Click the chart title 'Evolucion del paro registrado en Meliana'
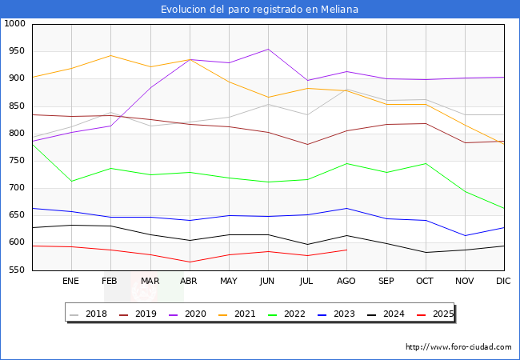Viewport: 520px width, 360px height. [259, 10]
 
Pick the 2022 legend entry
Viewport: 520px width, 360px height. [294, 314]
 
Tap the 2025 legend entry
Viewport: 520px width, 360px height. [442, 314]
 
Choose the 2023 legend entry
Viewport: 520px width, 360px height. [344, 314]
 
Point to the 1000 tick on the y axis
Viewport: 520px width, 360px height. [14, 24]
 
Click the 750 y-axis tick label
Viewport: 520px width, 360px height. [17, 161]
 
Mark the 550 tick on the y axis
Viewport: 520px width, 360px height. [17, 270]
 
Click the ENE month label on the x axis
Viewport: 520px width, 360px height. [71, 281]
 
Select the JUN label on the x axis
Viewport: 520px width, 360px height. [267, 281]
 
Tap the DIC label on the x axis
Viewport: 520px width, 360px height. [503, 281]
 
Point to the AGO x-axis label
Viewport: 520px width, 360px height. [346, 281]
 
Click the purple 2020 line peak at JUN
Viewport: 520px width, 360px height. [267, 49]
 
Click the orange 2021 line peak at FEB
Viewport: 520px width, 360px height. [110, 56]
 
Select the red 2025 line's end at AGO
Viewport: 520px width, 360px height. [346, 250]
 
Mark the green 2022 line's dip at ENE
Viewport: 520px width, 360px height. [71, 181]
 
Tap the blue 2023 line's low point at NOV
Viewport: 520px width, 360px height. [464, 235]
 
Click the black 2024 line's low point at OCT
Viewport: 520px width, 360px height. [425, 253]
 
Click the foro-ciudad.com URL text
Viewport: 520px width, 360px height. [458, 347]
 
